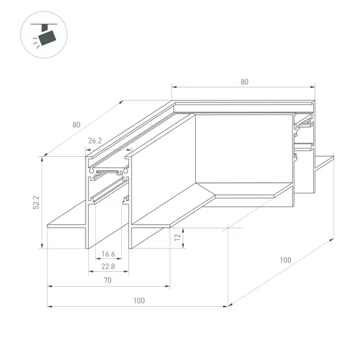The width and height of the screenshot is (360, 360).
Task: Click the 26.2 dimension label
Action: click(95, 141)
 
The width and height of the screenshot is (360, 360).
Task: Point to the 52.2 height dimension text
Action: click(36, 202)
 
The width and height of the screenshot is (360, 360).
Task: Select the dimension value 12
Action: click(177, 237)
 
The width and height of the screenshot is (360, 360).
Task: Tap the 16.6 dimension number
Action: click(108, 254)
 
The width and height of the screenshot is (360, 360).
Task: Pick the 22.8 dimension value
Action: click(108, 267)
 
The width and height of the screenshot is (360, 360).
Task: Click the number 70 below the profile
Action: click(108, 280)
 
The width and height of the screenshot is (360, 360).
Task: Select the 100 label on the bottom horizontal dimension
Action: click(139, 300)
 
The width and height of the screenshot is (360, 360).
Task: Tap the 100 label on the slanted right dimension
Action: click(285, 260)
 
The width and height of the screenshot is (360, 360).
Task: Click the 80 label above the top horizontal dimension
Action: click(245, 82)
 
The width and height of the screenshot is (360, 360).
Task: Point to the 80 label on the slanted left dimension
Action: click(77, 125)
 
